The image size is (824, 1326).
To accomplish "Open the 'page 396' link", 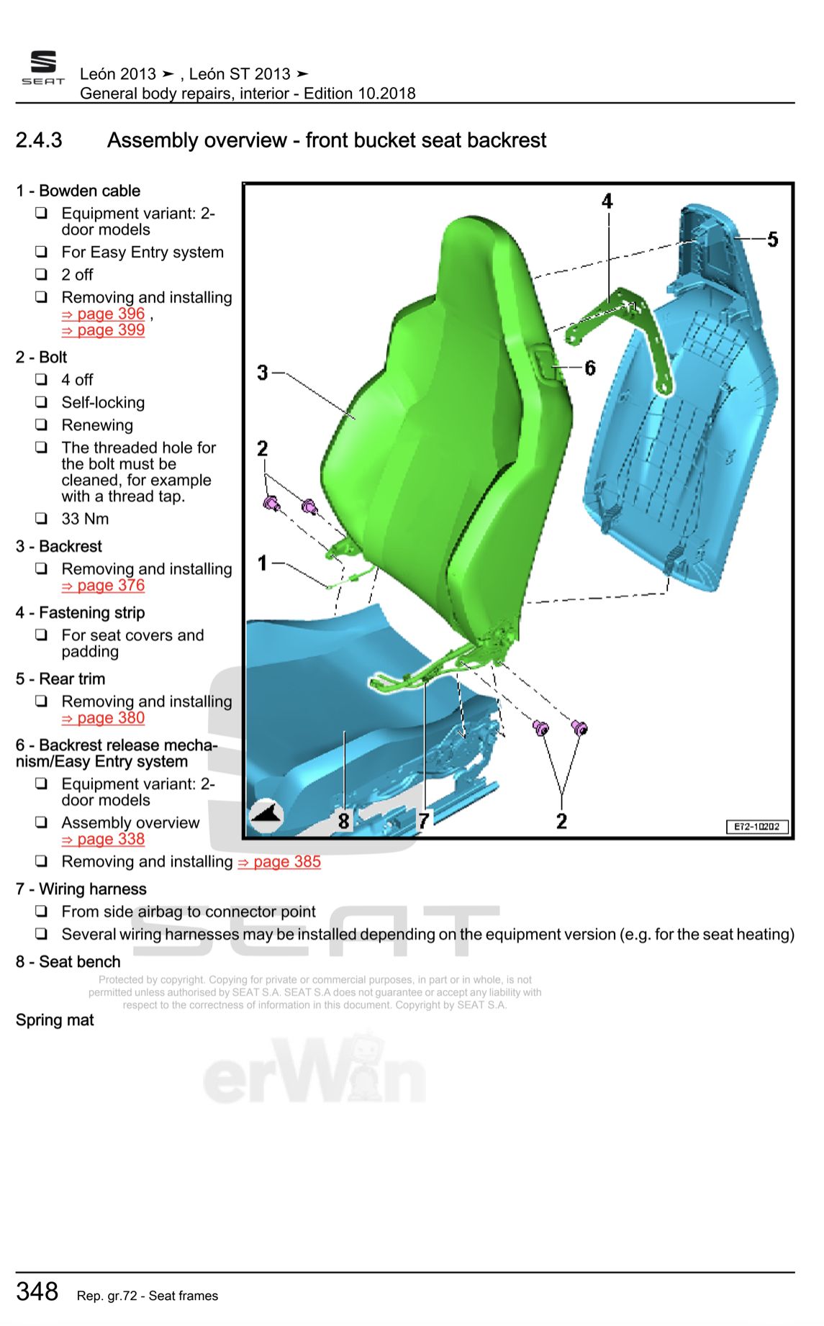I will [104, 314].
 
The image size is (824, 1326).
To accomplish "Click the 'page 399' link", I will [104, 330].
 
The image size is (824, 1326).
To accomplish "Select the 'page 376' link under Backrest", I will [104, 586].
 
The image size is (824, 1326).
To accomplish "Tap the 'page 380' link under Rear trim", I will [104, 718].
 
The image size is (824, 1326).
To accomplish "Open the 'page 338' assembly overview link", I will [104, 840].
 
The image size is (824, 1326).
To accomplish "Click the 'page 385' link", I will [279, 862].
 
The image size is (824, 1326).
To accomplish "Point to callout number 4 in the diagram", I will [607, 201].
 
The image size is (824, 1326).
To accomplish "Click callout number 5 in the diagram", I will [772, 239].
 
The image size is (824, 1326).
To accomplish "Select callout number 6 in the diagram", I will [590, 368].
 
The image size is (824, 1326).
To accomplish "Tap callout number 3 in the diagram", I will [263, 373].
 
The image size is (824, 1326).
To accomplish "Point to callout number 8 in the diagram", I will [344, 820].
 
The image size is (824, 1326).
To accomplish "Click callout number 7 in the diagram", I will [424, 820].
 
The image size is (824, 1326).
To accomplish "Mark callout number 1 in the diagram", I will [263, 563].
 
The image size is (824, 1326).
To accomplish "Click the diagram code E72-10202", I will [756, 827].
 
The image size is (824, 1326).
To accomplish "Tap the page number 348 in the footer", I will [37, 1291].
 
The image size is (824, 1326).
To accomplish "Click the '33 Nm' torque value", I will [85, 519].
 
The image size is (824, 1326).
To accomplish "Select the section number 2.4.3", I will [39, 140].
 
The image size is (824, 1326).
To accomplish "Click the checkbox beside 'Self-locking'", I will [42, 402].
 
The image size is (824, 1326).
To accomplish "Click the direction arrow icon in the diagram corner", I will [266, 815].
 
